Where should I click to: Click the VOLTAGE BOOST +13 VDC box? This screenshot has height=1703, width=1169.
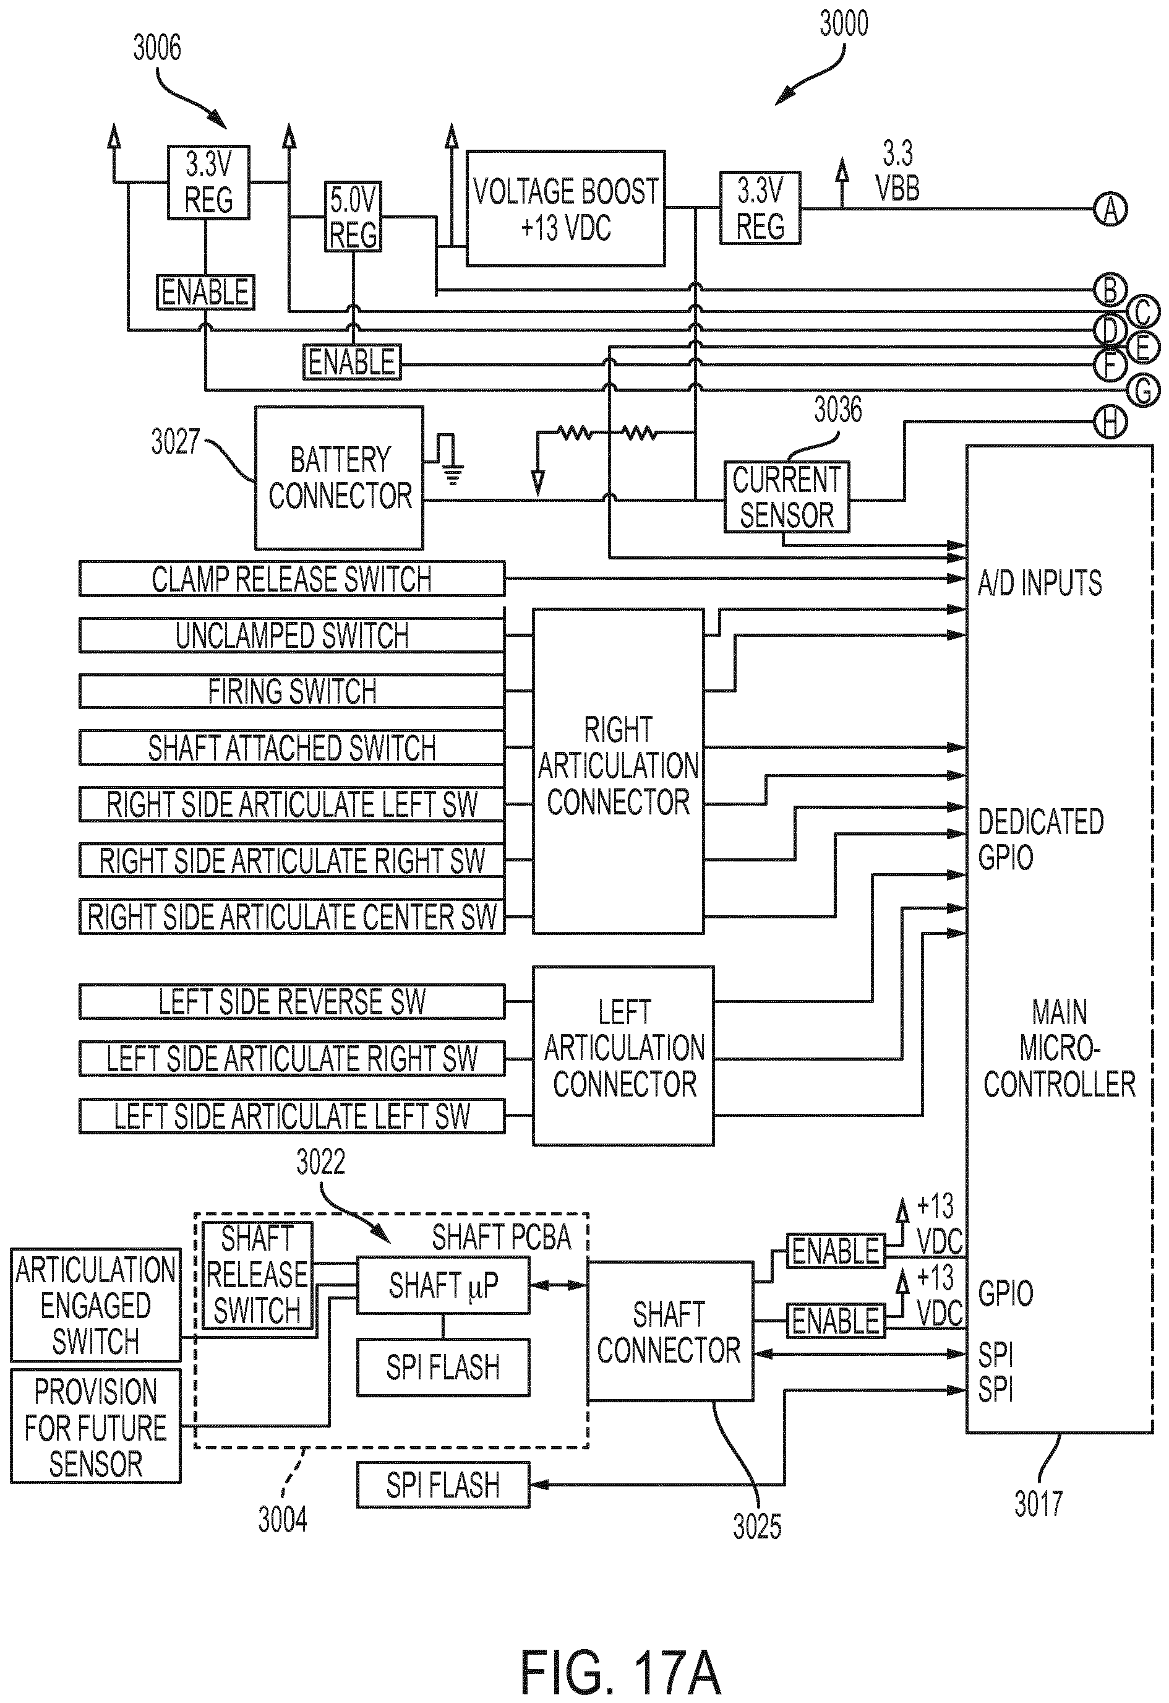tap(565, 209)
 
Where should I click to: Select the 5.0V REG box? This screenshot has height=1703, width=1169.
tap(353, 217)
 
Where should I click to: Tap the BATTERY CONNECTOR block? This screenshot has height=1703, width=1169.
tap(339, 478)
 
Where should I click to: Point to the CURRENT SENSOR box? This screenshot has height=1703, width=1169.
tap(787, 497)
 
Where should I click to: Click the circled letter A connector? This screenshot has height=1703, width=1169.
tap(1110, 210)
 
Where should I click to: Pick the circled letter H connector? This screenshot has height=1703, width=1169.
tap(1110, 423)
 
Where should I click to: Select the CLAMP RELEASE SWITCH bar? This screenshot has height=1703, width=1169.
tap(291, 579)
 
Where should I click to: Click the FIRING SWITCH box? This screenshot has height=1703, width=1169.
tap(291, 691)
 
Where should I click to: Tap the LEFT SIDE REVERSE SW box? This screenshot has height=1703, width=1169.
tap(291, 1002)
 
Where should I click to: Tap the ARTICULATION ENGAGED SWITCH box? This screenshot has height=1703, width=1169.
tap(95, 1305)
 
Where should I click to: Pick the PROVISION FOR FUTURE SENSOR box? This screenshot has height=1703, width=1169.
tap(95, 1426)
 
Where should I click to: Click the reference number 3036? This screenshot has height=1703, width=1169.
tap(838, 410)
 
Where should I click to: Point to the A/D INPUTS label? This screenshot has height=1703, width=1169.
tap(1039, 584)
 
